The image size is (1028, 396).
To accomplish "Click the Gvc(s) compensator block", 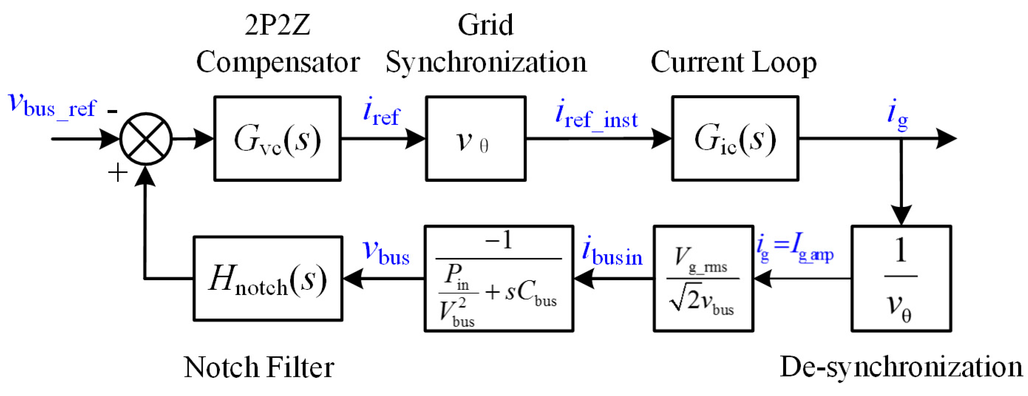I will (277, 138).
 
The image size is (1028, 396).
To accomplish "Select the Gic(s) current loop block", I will (735, 138).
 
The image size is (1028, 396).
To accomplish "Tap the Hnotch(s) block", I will (268, 278).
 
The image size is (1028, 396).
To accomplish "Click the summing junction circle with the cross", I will (146, 139).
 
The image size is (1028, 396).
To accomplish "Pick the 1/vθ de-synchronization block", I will (901, 278).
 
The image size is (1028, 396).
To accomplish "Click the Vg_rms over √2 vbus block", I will (703, 278).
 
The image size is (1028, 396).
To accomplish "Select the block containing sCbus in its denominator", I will (499, 278).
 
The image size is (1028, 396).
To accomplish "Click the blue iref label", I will (381, 112).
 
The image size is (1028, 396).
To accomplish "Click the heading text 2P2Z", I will (278, 25).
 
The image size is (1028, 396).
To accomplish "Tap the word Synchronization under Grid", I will (486, 62).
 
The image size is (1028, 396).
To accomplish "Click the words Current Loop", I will (733, 62).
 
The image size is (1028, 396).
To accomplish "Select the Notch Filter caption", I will (259, 367).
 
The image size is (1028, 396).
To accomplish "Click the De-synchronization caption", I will (901, 367).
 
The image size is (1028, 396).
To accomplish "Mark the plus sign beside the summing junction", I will (118, 173).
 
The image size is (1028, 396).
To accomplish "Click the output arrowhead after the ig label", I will (947, 138).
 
